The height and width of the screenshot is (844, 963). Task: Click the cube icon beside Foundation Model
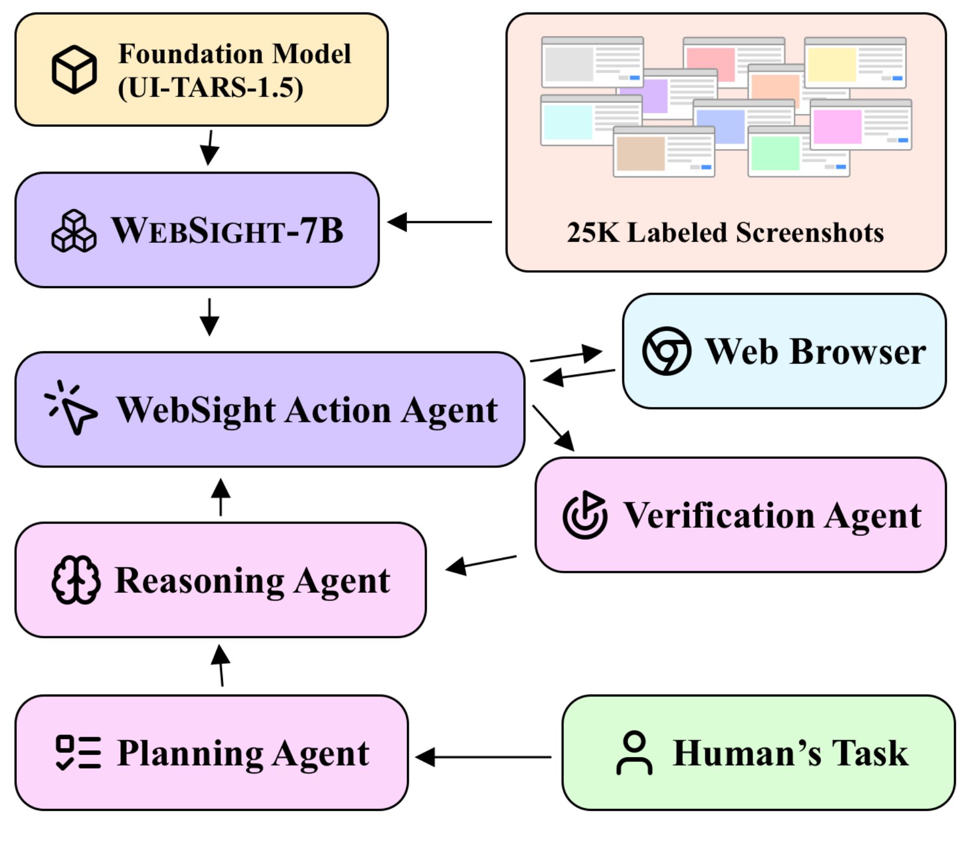click(74, 69)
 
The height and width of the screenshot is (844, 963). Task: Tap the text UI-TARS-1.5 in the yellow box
click(210, 88)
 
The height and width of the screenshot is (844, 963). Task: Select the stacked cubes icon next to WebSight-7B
click(74, 231)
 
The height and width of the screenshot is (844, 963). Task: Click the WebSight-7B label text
click(228, 231)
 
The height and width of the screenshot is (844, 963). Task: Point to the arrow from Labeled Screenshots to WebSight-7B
click(439, 222)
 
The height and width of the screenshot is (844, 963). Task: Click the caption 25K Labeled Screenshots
click(725, 233)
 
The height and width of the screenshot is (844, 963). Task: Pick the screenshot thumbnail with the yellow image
click(855, 63)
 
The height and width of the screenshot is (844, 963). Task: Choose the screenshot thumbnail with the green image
click(798, 152)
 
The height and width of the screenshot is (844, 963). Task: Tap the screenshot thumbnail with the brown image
click(663, 152)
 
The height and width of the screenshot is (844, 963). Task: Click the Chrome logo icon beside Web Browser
click(666, 351)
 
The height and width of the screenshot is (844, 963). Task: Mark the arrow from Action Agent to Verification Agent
click(553, 428)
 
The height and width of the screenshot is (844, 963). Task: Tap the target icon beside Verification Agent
click(585, 515)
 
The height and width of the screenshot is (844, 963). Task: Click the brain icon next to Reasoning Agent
click(76, 580)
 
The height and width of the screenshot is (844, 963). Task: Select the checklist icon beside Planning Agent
click(79, 752)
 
